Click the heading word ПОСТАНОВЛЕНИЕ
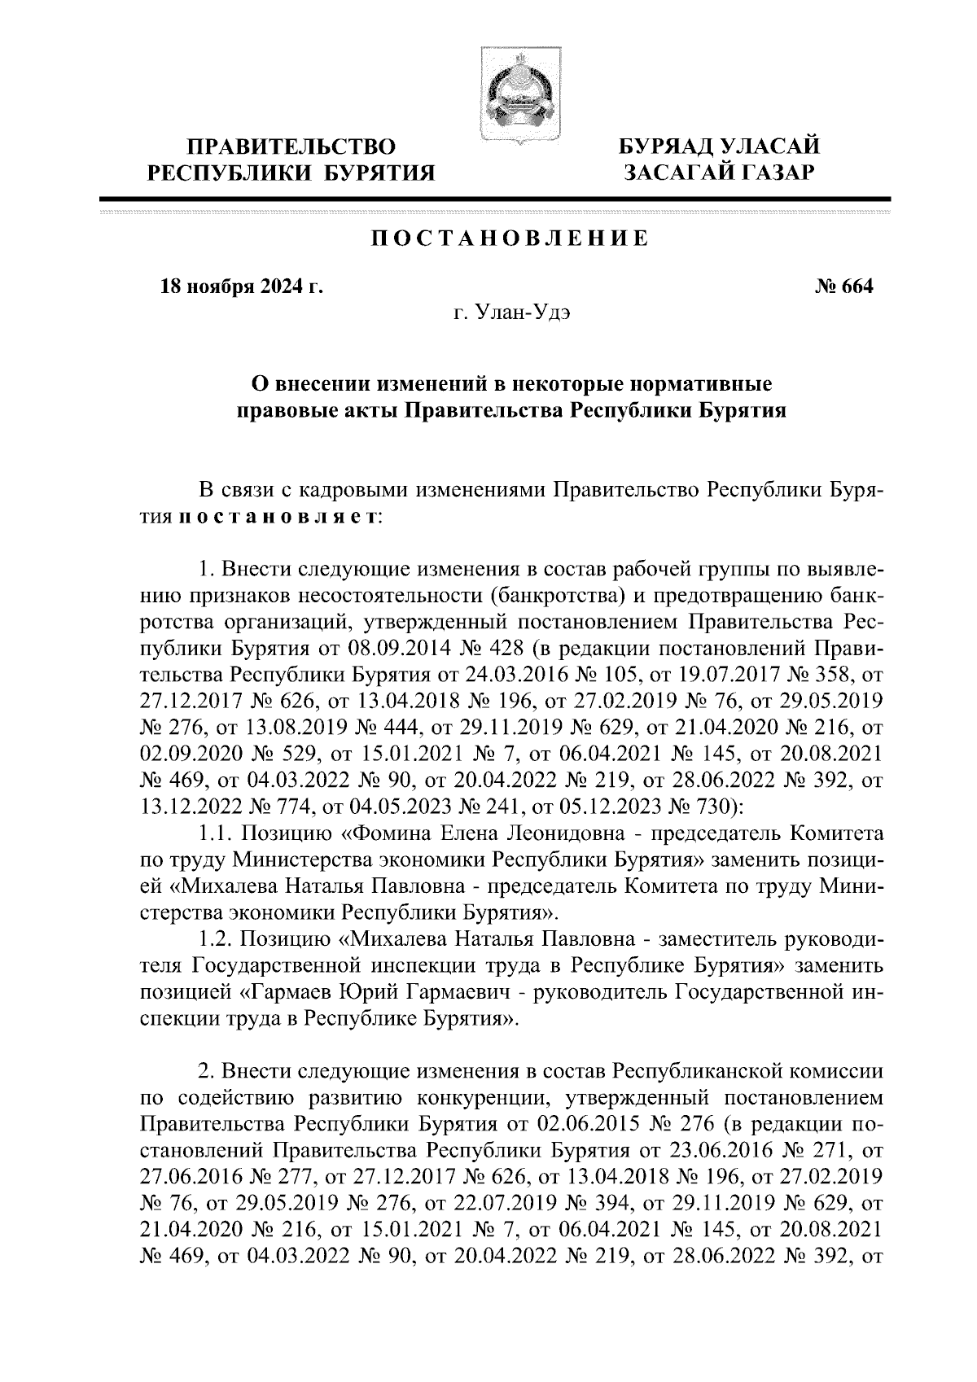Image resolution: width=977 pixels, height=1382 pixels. tap(510, 239)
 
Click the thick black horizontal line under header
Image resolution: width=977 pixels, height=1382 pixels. tap(495, 199)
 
